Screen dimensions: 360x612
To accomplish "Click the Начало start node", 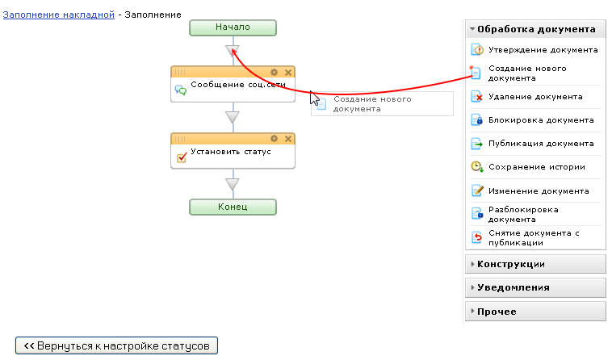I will (x=233, y=27).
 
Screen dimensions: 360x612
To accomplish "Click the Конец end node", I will (x=233, y=207).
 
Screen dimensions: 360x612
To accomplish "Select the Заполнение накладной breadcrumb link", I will (x=58, y=15).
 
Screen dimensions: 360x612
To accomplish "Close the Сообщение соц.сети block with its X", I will (x=288, y=72).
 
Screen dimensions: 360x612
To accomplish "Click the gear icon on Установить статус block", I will (x=275, y=139).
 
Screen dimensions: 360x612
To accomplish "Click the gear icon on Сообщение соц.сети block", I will (x=275, y=72).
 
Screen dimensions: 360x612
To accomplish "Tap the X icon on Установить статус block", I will (x=288, y=139).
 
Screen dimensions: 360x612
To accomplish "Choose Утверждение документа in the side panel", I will (x=543, y=50).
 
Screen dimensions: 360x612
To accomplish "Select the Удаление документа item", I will (x=535, y=97).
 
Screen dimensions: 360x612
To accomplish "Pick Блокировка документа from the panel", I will (x=541, y=120).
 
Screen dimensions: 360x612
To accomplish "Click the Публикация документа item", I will (x=541, y=144).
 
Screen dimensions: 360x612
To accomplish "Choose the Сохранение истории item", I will (x=536, y=167).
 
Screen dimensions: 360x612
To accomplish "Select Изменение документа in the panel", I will (x=539, y=191).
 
